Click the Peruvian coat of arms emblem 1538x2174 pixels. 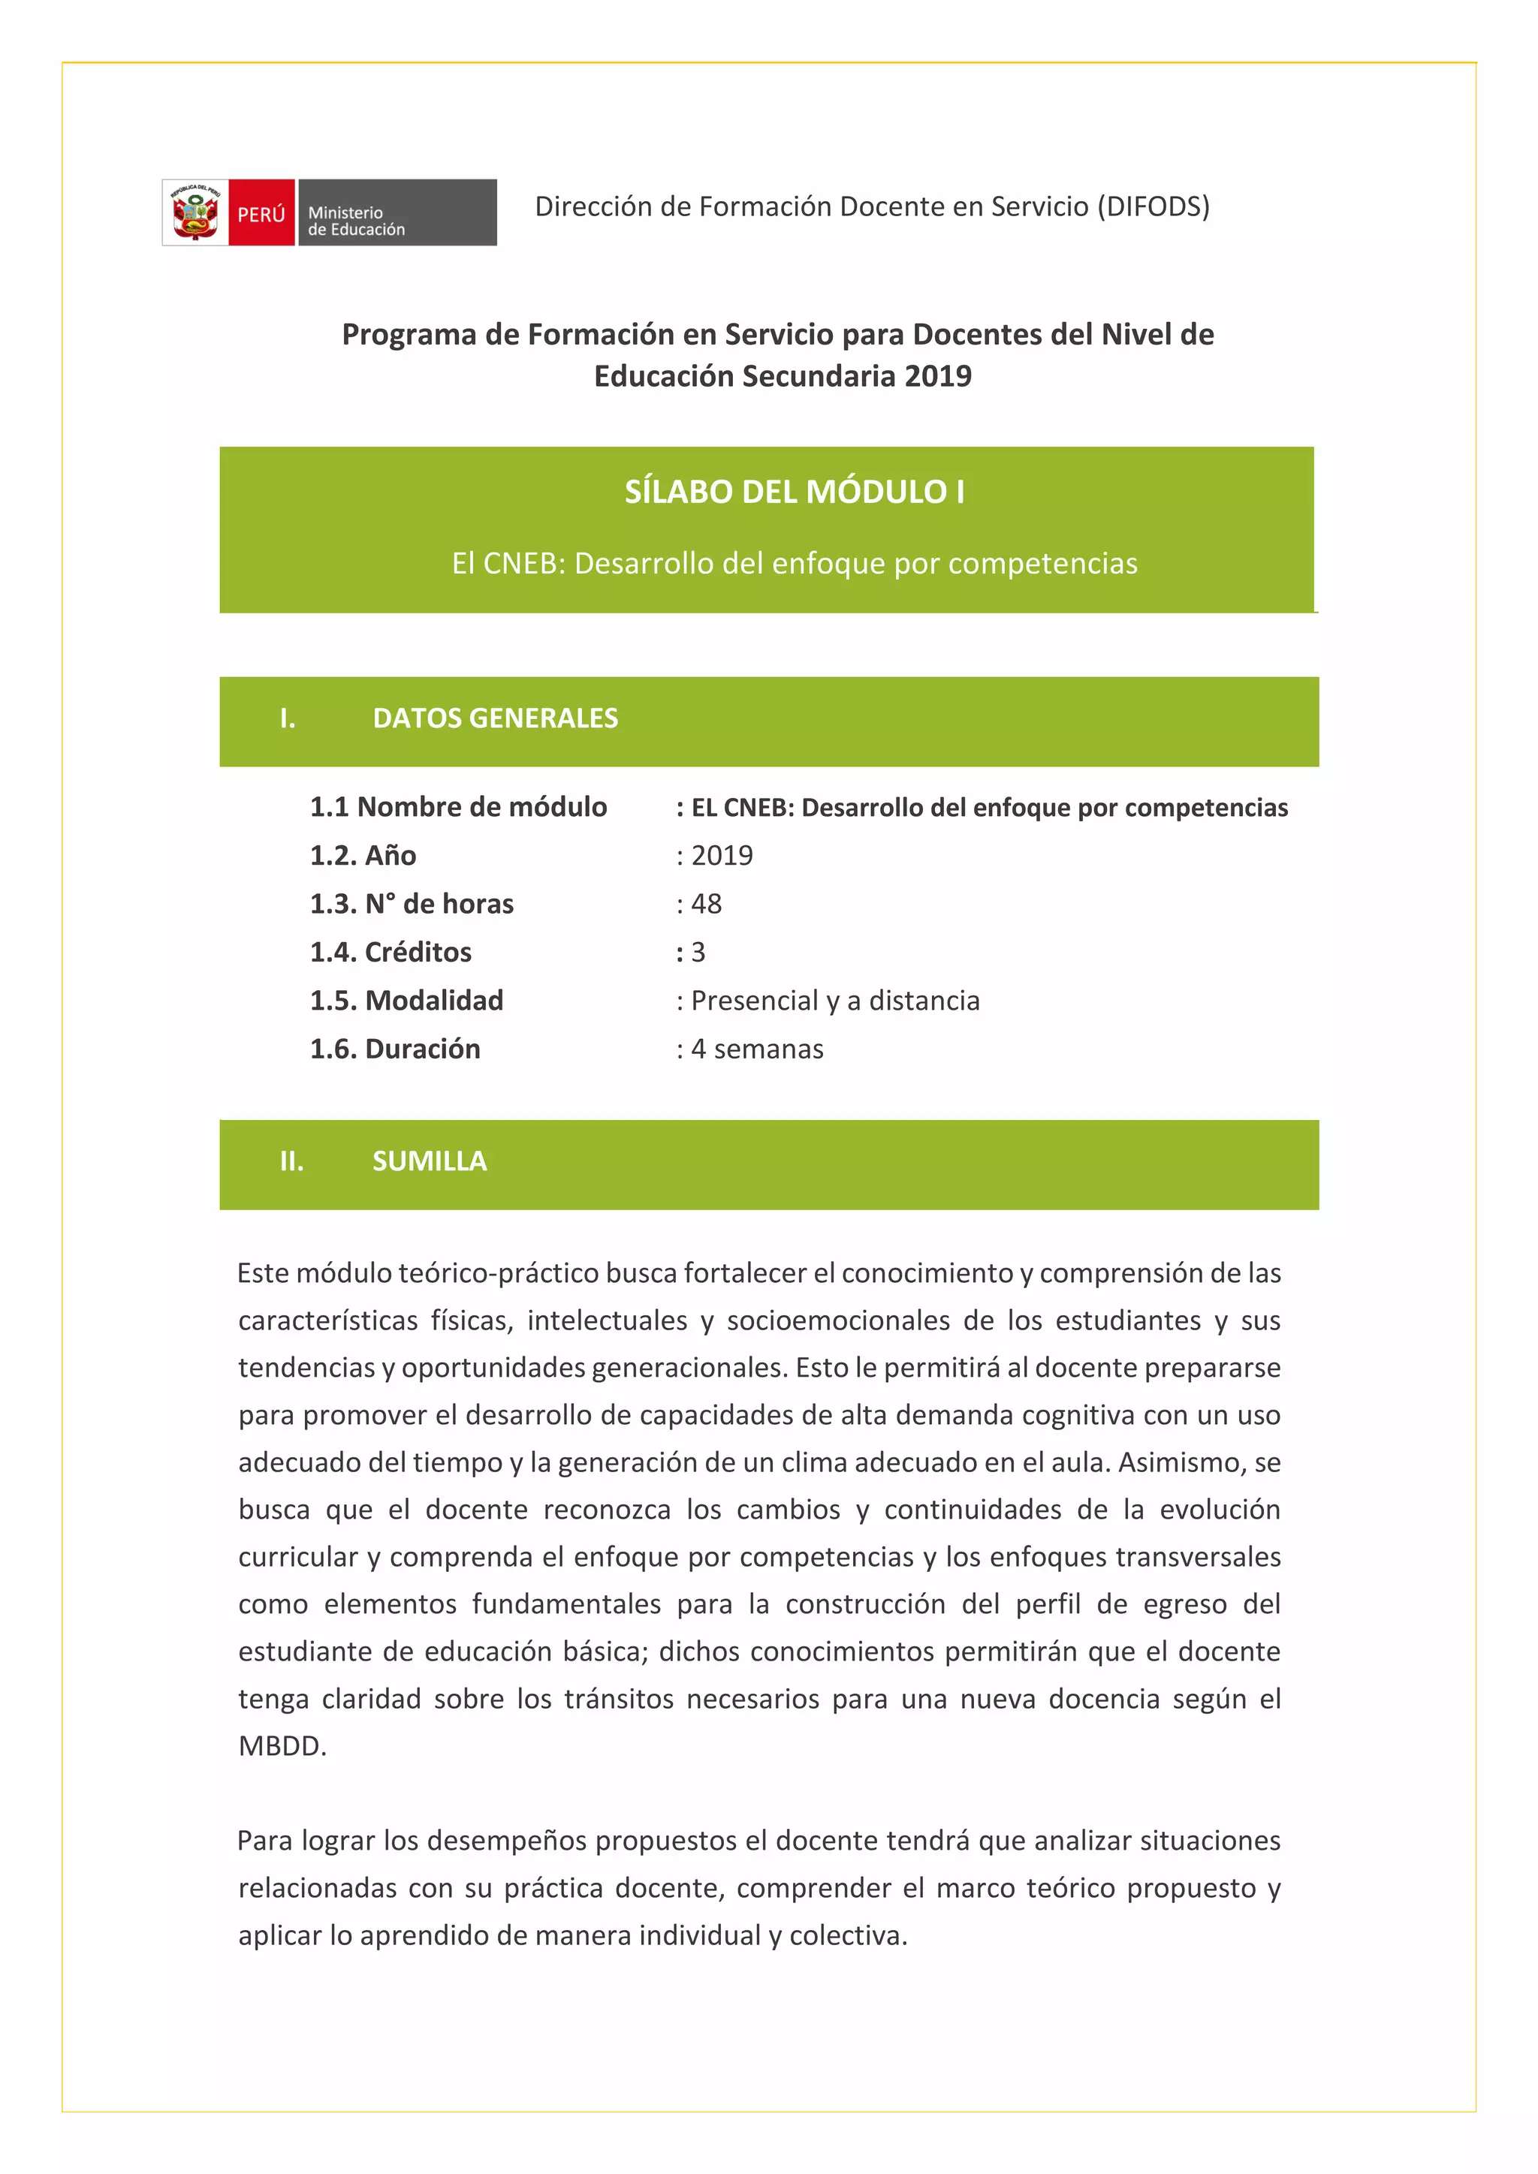point(195,213)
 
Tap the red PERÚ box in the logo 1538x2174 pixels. point(261,213)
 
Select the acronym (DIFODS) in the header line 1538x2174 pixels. point(1153,206)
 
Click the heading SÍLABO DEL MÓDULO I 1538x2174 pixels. point(795,492)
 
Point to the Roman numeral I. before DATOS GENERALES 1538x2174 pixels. point(288,718)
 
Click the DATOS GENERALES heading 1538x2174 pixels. point(496,718)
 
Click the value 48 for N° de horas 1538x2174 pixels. point(707,905)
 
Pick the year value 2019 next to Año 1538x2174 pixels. point(722,856)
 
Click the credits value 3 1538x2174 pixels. point(698,953)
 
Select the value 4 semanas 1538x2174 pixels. point(758,1049)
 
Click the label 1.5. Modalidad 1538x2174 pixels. point(406,1001)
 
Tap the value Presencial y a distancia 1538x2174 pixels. point(835,1001)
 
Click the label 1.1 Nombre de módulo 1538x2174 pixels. point(458,807)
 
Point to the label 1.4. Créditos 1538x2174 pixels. point(391,953)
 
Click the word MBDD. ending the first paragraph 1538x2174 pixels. point(282,1746)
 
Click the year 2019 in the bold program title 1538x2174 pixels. point(937,376)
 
